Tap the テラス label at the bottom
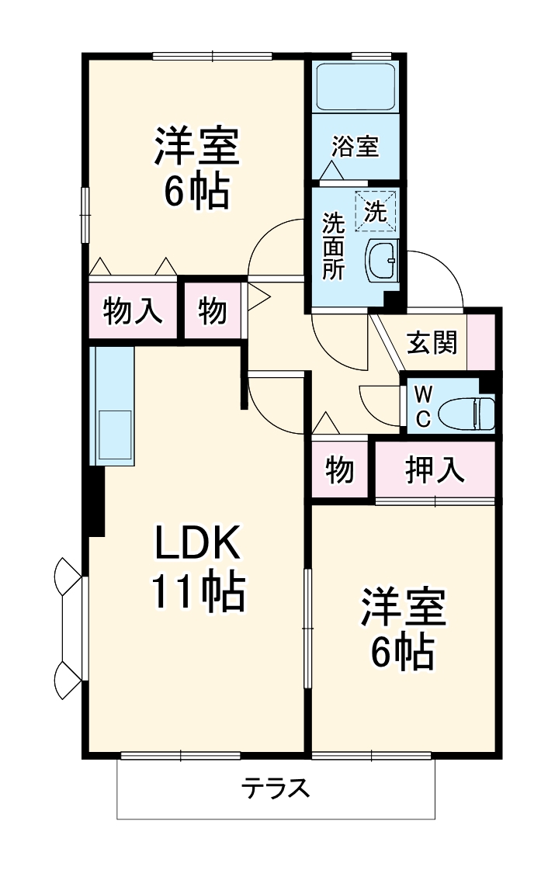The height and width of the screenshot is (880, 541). [x=276, y=788]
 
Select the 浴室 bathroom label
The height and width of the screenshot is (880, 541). [x=355, y=147]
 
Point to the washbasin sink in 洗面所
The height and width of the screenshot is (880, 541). [x=381, y=261]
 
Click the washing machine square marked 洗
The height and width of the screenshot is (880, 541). [x=376, y=211]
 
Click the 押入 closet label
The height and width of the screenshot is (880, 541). [x=435, y=470]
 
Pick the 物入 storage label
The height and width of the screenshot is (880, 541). [x=133, y=310]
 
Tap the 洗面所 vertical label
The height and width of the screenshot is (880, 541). [x=334, y=247]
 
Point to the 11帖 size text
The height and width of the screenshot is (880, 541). [x=197, y=592]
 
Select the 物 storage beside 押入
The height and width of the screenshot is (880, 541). [x=340, y=470]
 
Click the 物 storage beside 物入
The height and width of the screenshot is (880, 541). [x=213, y=310]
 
